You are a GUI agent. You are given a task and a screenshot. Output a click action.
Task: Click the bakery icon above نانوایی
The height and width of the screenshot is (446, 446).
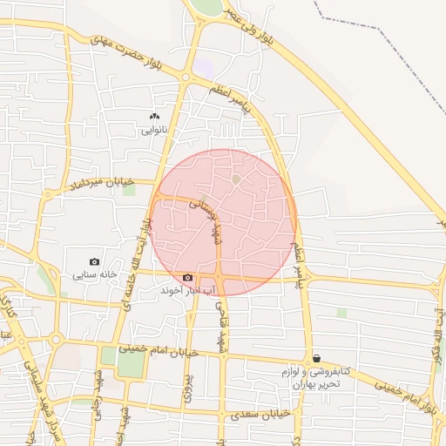(155, 116)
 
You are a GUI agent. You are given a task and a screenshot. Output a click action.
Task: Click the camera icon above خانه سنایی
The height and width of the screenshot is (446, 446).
(94, 261)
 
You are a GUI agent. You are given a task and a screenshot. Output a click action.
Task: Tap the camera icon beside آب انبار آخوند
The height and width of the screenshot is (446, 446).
(187, 277)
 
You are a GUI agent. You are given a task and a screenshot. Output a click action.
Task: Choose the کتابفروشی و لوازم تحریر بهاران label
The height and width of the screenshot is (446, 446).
(315, 377)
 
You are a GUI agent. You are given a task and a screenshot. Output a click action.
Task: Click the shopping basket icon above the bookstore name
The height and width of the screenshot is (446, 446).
(316, 358)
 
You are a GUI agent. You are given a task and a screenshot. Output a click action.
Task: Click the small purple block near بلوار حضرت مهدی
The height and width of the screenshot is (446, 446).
(203, 65)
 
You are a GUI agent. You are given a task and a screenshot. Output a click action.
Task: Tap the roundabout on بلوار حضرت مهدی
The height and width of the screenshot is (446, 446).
(185, 78)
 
